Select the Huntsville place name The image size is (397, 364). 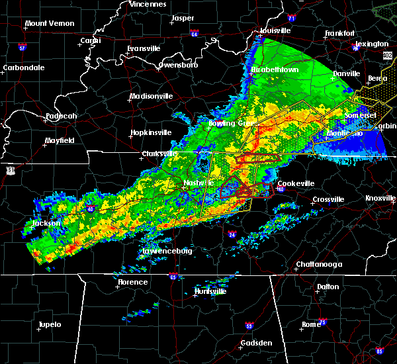tap(210, 292)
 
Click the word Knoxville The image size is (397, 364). tap(381, 199)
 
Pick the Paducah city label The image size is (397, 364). tap(61, 117)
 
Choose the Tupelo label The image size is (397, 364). tap(49, 325)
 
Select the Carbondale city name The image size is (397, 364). tap(23, 68)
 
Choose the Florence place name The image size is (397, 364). tap(132, 282)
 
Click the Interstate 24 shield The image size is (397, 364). tap(232, 234)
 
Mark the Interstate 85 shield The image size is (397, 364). tap(379, 350)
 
